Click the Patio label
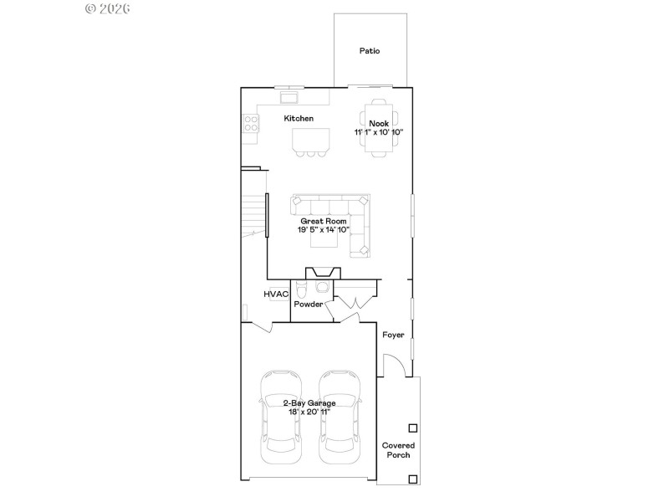[x=370, y=51]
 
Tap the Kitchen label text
[x=299, y=119]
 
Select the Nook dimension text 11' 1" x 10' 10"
[x=379, y=133]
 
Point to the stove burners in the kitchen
[x=250, y=124]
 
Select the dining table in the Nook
[x=379, y=127]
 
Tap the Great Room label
[x=323, y=221]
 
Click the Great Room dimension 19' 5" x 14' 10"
[x=323, y=230]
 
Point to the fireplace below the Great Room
[x=323, y=273]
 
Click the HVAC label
[x=277, y=295]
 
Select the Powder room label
[x=308, y=305]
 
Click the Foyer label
[x=393, y=335]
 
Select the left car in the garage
[x=281, y=416]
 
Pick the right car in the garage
[x=340, y=416]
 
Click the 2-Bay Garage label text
[x=309, y=403]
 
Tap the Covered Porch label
[x=398, y=451]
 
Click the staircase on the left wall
[x=253, y=213]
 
